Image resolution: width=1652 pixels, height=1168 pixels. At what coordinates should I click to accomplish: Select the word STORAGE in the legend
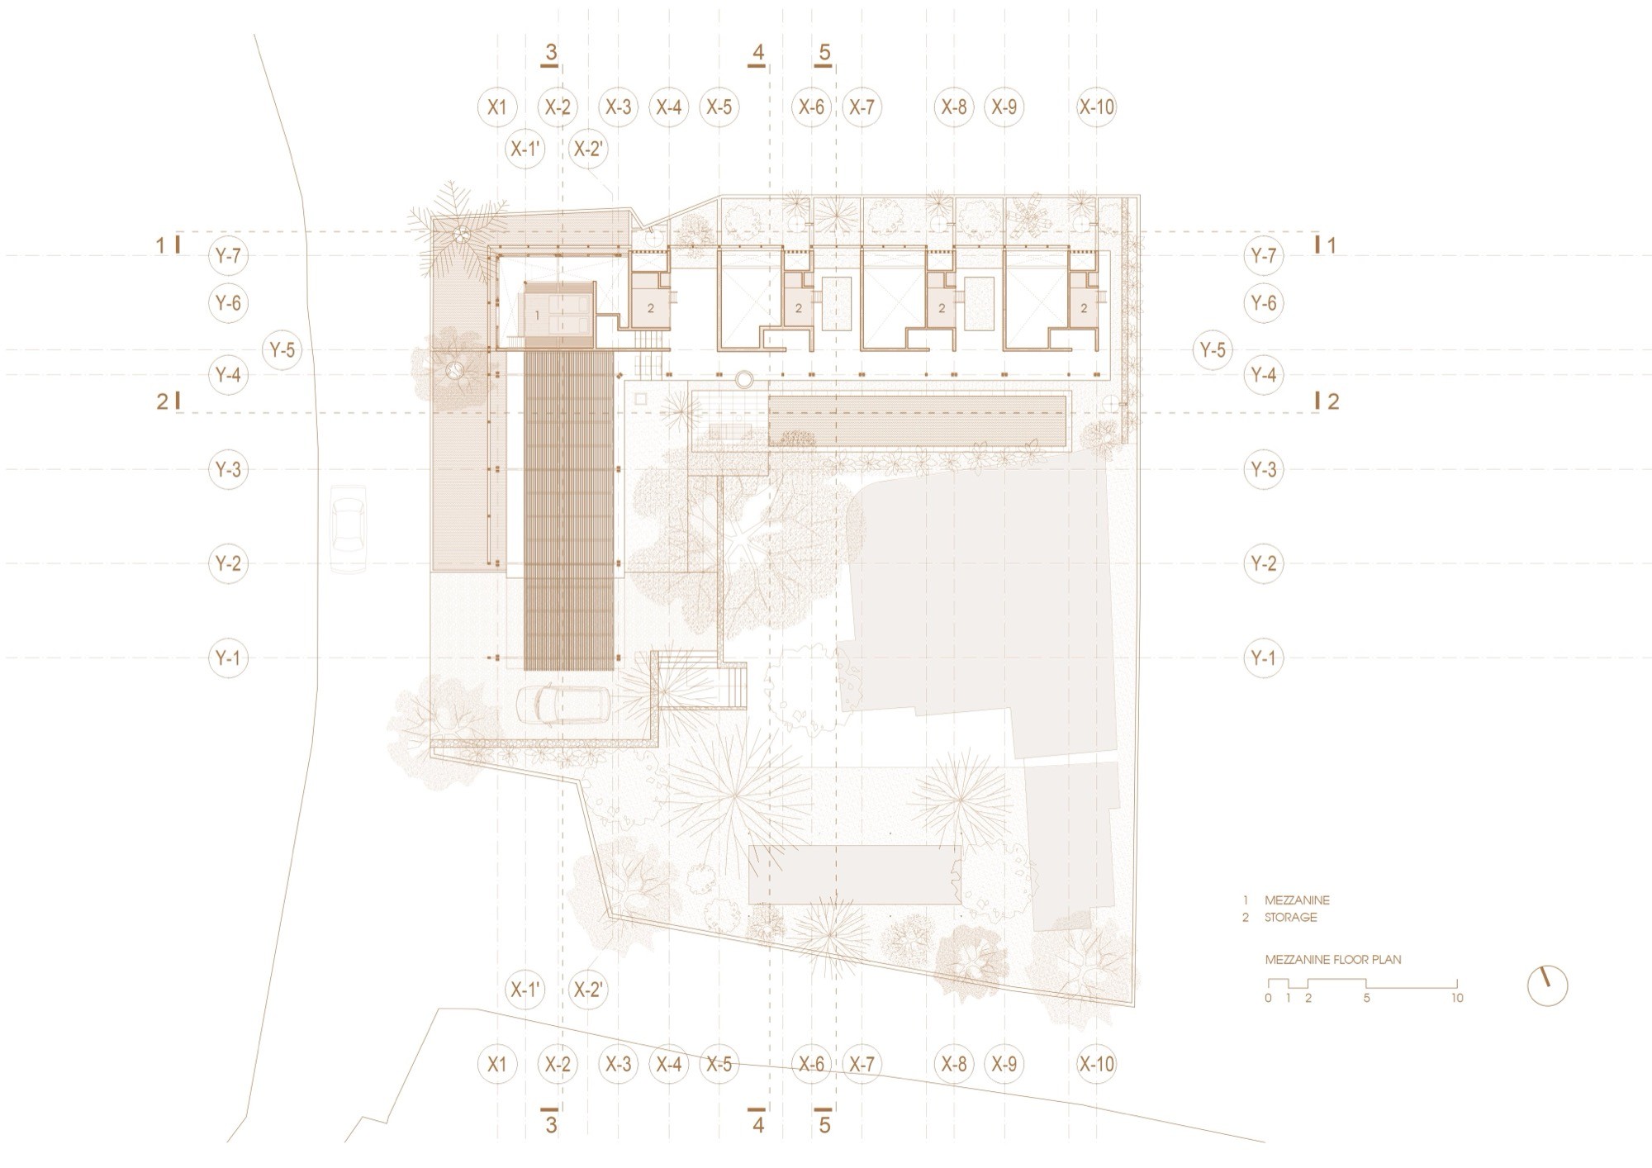1291,918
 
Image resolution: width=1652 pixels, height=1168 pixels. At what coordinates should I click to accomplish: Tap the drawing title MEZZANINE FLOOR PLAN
1333,960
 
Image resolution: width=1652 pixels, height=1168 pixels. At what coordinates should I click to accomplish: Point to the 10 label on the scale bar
1457,998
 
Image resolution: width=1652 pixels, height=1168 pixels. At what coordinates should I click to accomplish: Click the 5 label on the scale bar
1367,998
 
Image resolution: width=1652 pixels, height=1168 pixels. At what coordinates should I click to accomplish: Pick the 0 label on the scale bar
1268,998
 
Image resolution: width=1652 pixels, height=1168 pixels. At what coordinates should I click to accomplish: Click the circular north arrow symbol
1547,985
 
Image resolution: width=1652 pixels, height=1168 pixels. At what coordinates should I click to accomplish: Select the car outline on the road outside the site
348,529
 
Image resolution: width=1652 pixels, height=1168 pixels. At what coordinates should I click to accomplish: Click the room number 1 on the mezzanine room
538,315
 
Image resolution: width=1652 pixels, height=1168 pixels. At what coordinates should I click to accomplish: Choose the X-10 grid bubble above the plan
1096,107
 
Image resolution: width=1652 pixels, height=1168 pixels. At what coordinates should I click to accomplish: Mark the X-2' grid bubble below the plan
589,990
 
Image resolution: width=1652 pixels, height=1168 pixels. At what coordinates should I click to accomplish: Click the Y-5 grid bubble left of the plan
282,350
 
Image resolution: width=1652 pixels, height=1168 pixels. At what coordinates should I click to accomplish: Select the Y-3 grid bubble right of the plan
1263,470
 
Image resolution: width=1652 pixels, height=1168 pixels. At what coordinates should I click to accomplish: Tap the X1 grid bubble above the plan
497,107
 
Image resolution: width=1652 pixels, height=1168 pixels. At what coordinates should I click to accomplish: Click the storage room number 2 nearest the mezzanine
651,308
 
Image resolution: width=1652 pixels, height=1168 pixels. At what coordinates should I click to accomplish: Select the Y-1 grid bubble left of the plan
228,658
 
